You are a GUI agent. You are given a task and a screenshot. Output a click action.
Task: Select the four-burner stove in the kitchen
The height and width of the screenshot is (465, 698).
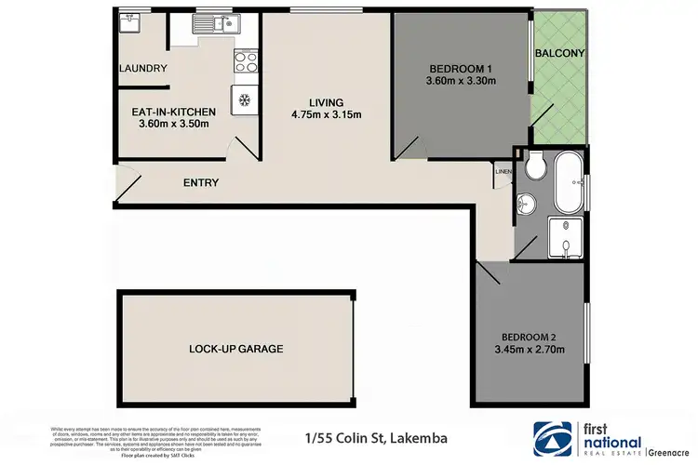(x=246, y=62)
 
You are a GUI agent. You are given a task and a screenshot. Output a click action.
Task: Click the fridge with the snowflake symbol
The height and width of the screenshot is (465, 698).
(x=246, y=99)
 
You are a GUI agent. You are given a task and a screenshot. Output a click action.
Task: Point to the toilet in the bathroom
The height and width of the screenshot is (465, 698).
(x=534, y=168)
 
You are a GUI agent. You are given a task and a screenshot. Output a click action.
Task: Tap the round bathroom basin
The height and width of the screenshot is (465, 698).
(x=527, y=202)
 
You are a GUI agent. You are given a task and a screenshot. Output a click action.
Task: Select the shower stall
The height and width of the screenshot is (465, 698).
(x=566, y=235)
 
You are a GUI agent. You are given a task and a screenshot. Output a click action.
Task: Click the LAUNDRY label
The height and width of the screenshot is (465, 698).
(x=143, y=68)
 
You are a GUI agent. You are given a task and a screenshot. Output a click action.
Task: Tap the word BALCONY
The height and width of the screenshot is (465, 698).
(x=559, y=53)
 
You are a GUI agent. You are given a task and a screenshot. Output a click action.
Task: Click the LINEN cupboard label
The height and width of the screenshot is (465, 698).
(x=503, y=171)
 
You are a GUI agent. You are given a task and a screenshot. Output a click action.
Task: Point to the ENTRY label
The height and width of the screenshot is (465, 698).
(x=201, y=182)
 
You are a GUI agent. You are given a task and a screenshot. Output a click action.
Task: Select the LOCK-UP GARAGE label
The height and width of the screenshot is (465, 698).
(x=235, y=349)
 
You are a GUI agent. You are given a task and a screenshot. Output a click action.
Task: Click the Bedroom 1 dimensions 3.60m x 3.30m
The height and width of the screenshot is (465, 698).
(x=462, y=81)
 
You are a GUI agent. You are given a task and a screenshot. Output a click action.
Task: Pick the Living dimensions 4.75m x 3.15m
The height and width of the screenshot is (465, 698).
(x=327, y=115)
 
